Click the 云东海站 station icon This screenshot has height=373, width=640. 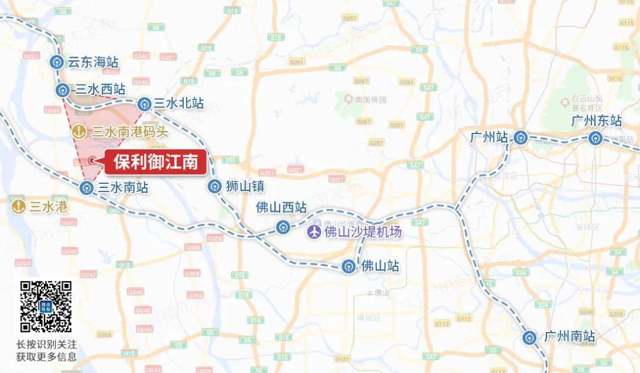(56, 62)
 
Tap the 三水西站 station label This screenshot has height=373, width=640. (100, 90)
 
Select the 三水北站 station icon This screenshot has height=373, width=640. (144, 104)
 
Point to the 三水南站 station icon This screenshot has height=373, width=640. (87, 189)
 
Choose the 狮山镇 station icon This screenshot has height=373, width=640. (213, 187)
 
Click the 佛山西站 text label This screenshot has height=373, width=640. (281, 208)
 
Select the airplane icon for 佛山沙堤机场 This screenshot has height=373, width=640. (315, 232)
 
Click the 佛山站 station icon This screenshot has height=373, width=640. (349, 267)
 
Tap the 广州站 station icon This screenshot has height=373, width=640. (520, 138)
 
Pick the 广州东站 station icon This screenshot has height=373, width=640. (595, 138)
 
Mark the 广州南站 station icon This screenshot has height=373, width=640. (529, 337)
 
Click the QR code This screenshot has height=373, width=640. (46, 307)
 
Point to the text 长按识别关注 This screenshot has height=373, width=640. (46, 345)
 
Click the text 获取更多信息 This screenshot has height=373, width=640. (46, 357)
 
